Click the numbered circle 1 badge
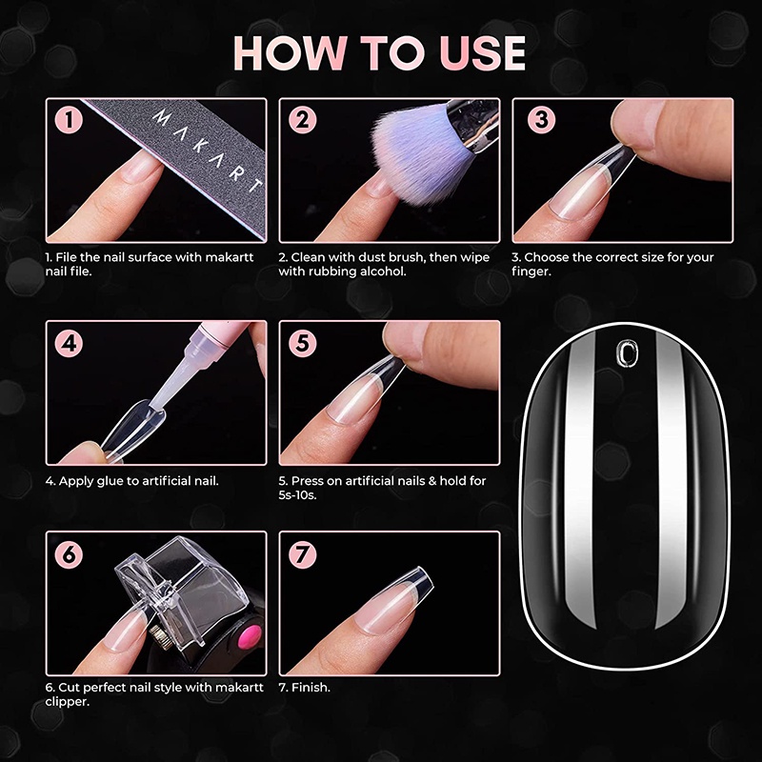(x=69, y=120)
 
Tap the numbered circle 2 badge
(x=302, y=120)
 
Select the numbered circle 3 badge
(x=541, y=120)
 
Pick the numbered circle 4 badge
(x=69, y=343)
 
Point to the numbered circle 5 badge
(x=302, y=343)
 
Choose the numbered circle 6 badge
(x=69, y=554)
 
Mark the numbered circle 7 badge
(x=302, y=554)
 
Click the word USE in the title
(x=483, y=53)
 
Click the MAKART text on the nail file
(x=208, y=151)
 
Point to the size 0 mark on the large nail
(x=626, y=351)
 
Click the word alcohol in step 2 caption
(x=383, y=271)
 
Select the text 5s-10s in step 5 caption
(x=297, y=495)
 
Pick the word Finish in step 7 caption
(x=311, y=687)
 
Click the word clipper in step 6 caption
(x=68, y=702)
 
